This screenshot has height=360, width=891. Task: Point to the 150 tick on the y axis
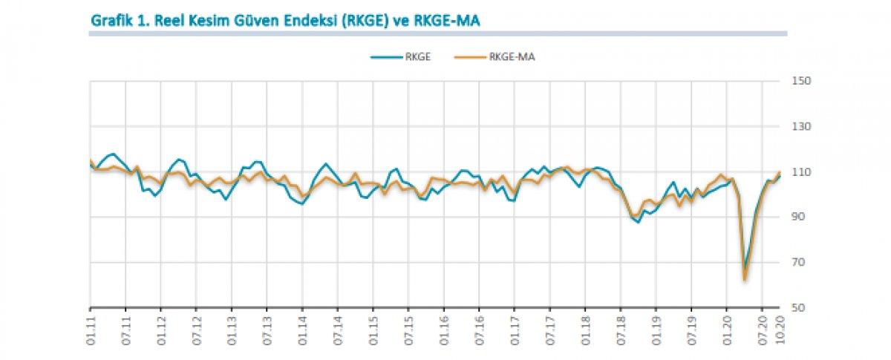(800, 81)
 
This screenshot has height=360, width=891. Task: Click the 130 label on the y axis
(800, 127)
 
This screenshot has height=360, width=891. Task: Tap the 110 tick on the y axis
(800, 172)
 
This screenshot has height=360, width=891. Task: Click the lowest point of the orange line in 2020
(744, 279)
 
